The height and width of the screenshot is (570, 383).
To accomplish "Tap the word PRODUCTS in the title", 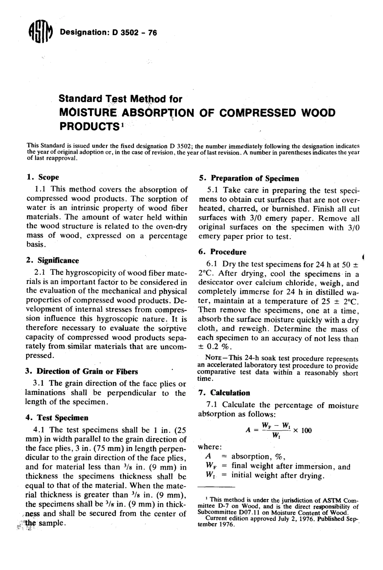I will click(90, 126).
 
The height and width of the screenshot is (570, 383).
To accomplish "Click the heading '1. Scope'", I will click(42, 177).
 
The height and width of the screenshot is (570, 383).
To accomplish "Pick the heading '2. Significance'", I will click(52, 260).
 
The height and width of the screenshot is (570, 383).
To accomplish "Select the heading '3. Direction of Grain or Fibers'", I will click(82, 372).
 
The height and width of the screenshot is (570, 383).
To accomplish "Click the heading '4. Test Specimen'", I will click(57, 418).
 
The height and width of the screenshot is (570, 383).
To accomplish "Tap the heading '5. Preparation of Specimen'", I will click(249, 178).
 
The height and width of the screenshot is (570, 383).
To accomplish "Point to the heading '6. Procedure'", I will click(223, 252).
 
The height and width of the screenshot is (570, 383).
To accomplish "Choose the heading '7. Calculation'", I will click(225, 393).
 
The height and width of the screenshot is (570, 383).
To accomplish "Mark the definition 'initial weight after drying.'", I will click(278, 476).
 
